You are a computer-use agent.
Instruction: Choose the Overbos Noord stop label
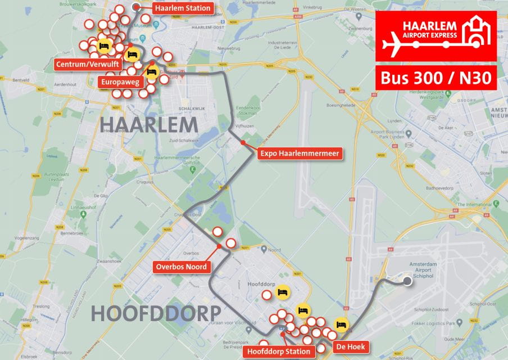(182, 267)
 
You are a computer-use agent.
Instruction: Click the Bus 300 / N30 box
(436, 78)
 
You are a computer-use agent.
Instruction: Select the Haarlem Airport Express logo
(436, 35)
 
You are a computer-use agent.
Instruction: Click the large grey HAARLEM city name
(149, 125)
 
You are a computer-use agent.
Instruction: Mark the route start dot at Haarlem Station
(136, 7)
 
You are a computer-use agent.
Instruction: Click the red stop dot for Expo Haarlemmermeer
(243, 143)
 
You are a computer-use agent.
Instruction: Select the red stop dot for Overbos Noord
(219, 246)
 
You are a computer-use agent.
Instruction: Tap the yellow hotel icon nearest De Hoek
(340, 325)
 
